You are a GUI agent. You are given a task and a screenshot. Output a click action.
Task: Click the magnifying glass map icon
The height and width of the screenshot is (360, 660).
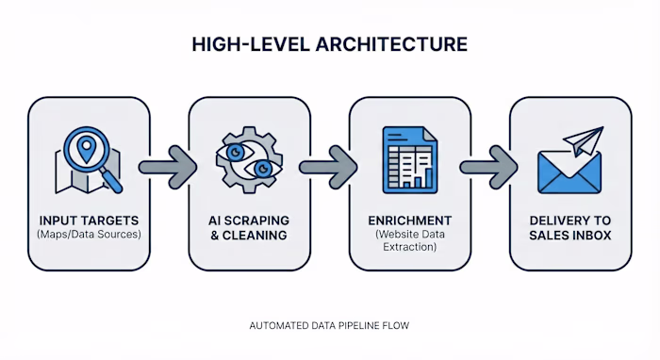(x=88, y=159)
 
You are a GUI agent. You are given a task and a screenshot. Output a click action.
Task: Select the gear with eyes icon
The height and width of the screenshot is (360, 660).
(x=249, y=159)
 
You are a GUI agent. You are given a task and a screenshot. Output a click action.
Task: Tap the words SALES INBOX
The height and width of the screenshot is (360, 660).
(x=570, y=235)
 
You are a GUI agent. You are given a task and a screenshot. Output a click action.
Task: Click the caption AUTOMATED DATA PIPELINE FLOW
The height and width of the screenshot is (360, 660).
(x=329, y=326)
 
